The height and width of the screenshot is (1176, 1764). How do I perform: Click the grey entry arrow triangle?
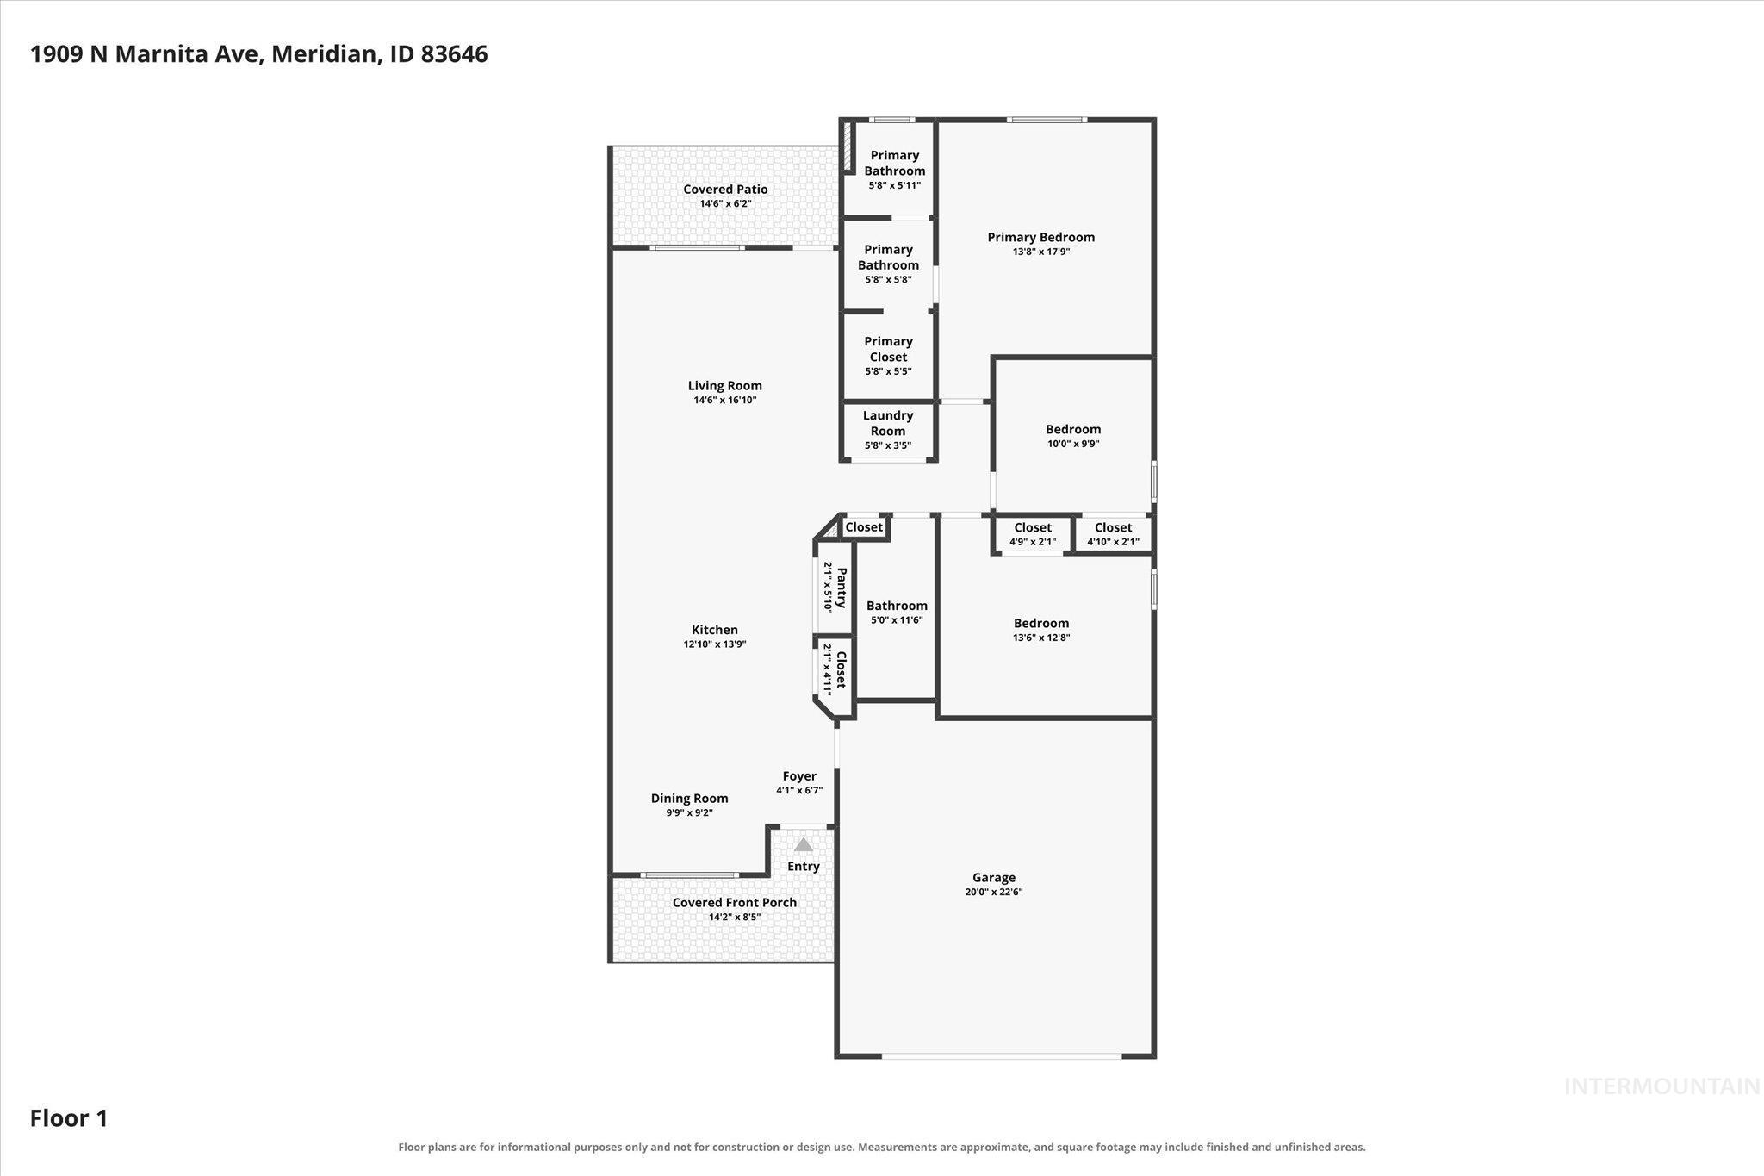click(803, 844)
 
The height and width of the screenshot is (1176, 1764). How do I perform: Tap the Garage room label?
click(994, 877)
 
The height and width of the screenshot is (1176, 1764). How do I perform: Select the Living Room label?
click(724, 385)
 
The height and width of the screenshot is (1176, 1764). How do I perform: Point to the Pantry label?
click(841, 588)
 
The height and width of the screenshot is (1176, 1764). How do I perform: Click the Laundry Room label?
click(888, 423)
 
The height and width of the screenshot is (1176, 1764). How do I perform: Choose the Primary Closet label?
click(888, 349)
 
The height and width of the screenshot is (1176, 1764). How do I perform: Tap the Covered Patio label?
click(725, 189)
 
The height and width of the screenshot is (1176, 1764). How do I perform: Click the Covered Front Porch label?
click(735, 902)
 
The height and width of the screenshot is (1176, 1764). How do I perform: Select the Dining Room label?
click(689, 798)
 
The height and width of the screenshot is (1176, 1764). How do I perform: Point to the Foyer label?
click(799, 775)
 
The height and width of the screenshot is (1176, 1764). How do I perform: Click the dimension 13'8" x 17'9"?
click(1041, 252)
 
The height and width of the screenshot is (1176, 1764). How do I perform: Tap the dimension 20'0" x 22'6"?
click(994, 892)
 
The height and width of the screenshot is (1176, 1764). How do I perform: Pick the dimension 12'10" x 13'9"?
click(715, 644)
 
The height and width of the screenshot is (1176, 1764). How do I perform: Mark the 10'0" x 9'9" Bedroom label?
click(1073, 429)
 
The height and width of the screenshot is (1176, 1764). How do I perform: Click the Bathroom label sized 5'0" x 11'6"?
click(897, 605)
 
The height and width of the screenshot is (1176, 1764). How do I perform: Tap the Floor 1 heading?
click(69, 1118)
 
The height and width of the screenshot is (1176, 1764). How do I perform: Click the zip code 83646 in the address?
click(455, 54)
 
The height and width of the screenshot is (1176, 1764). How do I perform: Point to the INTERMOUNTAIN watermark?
click(1662, 1086)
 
